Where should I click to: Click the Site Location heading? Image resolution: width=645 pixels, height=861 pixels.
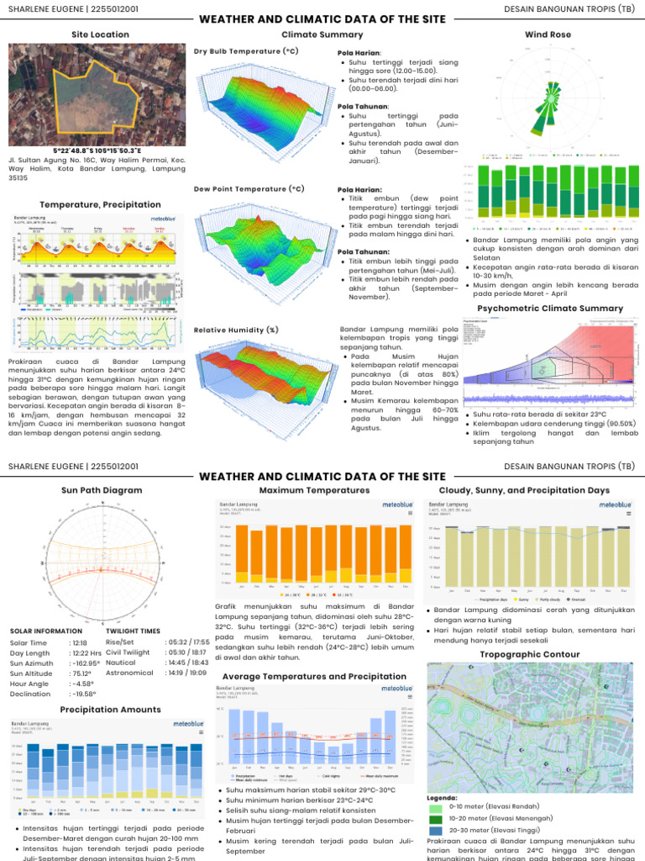pos(101,34)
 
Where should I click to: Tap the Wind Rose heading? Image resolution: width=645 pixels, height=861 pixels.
pos(548,34)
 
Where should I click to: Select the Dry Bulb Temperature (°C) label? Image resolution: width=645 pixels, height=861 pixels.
pos(246,51)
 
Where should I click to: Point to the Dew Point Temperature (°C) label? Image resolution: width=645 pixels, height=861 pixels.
pos(249,189)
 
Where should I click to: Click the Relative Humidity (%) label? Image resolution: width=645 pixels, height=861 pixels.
pos(236,330)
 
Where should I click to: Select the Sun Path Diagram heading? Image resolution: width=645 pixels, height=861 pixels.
pos(102,489)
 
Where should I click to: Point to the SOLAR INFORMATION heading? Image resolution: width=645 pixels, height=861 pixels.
pos(47,631)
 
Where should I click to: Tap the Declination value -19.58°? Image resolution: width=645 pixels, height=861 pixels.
pos(83,695)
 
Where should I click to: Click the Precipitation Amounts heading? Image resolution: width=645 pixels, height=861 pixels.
pos(110,710)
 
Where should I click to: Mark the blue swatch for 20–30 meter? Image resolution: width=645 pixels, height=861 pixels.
pos(435,829)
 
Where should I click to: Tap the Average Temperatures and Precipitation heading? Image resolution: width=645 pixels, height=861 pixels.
pos(314,676)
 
